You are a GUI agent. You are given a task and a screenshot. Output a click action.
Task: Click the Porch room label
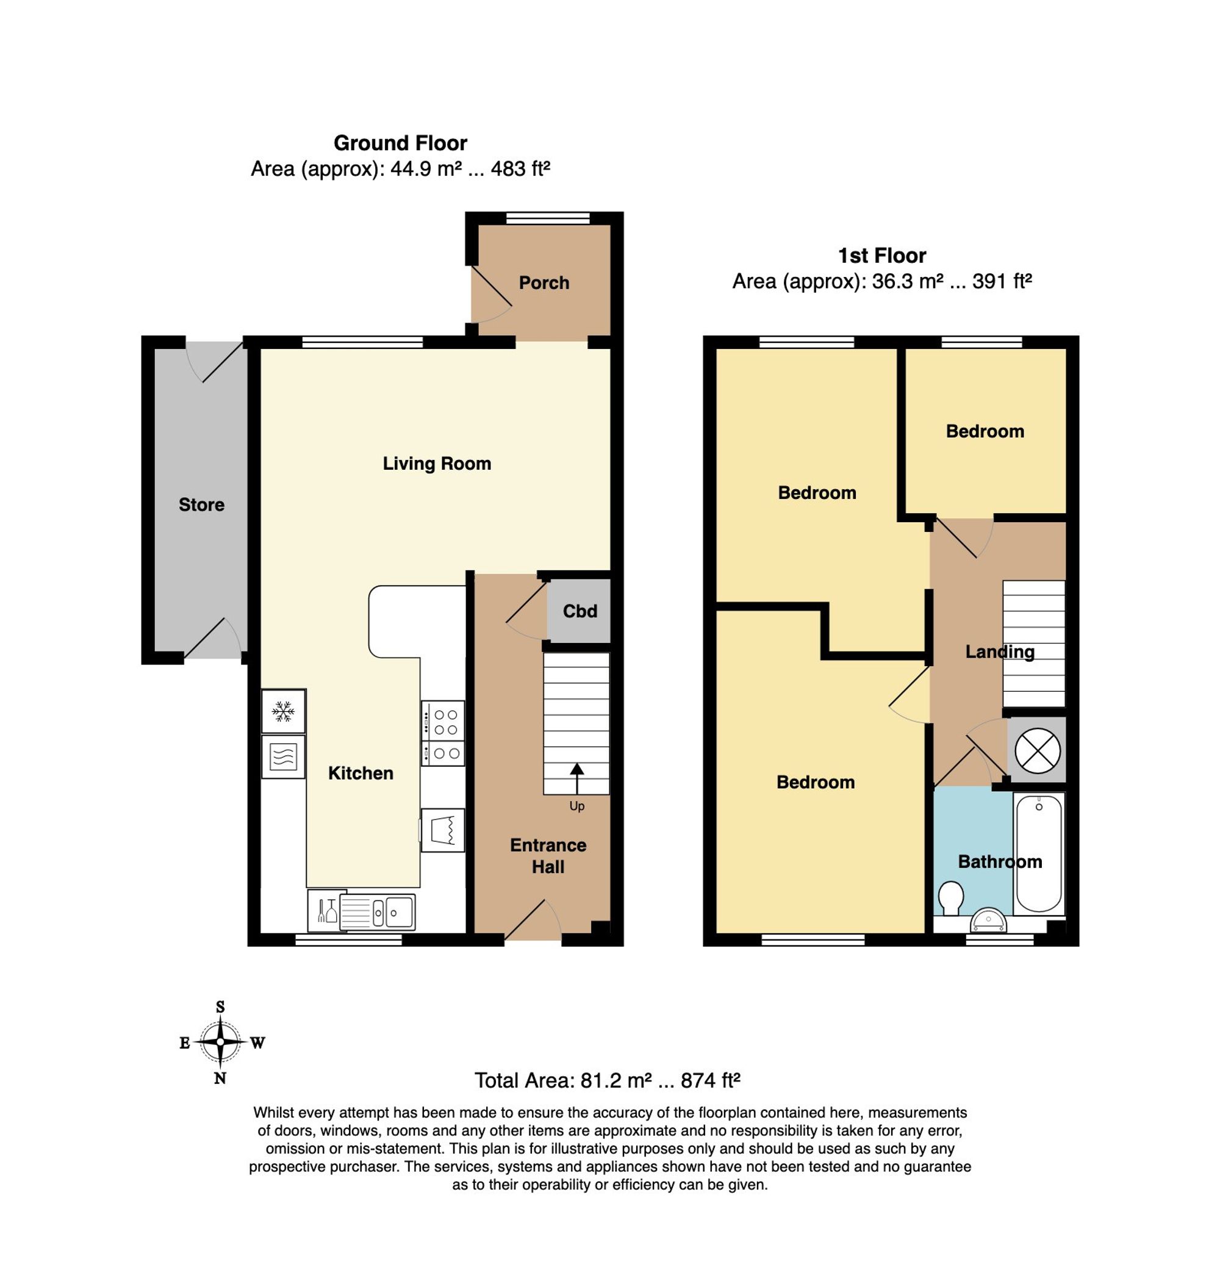tap(544, 282)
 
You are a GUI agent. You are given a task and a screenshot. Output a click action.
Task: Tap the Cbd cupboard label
tap(579, 611)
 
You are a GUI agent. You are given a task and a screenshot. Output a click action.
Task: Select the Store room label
tap(201, 504)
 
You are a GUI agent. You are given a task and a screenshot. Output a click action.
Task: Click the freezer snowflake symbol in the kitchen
tap(282, 712)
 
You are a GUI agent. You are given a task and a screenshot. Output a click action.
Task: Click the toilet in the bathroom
tap(951, 898)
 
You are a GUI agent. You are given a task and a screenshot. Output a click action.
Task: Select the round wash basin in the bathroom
tap(988, 921)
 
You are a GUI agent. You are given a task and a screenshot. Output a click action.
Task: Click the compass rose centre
tap(220, 1041)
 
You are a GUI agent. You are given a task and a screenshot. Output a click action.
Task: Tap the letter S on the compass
tap(220, 1007)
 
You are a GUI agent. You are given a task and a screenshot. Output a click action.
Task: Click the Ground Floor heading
tap(400, 142)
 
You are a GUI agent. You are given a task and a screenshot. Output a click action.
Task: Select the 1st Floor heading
tap(882, 256)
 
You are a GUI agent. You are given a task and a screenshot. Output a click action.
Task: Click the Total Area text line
tap(607, 1080)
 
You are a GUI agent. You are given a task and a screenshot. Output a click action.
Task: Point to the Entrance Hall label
tap(548, 856)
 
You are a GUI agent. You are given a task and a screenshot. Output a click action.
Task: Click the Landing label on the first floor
tap(1000, 652)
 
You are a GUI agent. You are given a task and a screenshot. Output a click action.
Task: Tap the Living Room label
tap(436, 464)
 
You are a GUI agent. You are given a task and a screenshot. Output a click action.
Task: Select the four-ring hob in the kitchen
tap(443, 734)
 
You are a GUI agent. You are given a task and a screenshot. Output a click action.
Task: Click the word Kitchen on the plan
tap(360, 773)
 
